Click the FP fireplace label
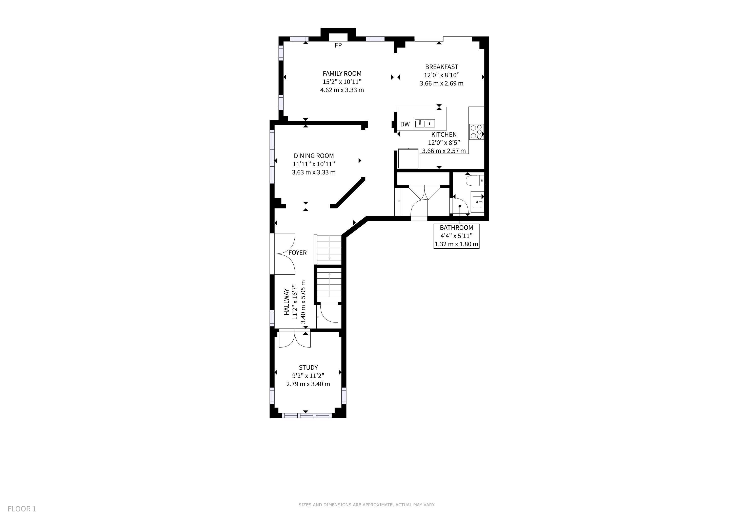tap(338, 45)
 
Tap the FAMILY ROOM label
tap(342, 73)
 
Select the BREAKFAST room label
tap(441, 67)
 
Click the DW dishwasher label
tap(405, 124)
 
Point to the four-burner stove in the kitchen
tap(477, 132)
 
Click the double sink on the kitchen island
tap(425, 123)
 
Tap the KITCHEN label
tap(444, 134)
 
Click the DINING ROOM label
tap(314, 156)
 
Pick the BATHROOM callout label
tap(456, 227)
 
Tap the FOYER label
tap(298, 253)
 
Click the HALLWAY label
tap(287, 302)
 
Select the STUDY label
tap(308, 368)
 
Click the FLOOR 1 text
tap(22, 509)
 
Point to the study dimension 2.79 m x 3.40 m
tap(308, 384)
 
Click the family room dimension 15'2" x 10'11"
tap(342, 82)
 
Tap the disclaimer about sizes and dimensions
tap(367, 505)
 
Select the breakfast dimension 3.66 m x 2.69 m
tap(441, 83)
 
